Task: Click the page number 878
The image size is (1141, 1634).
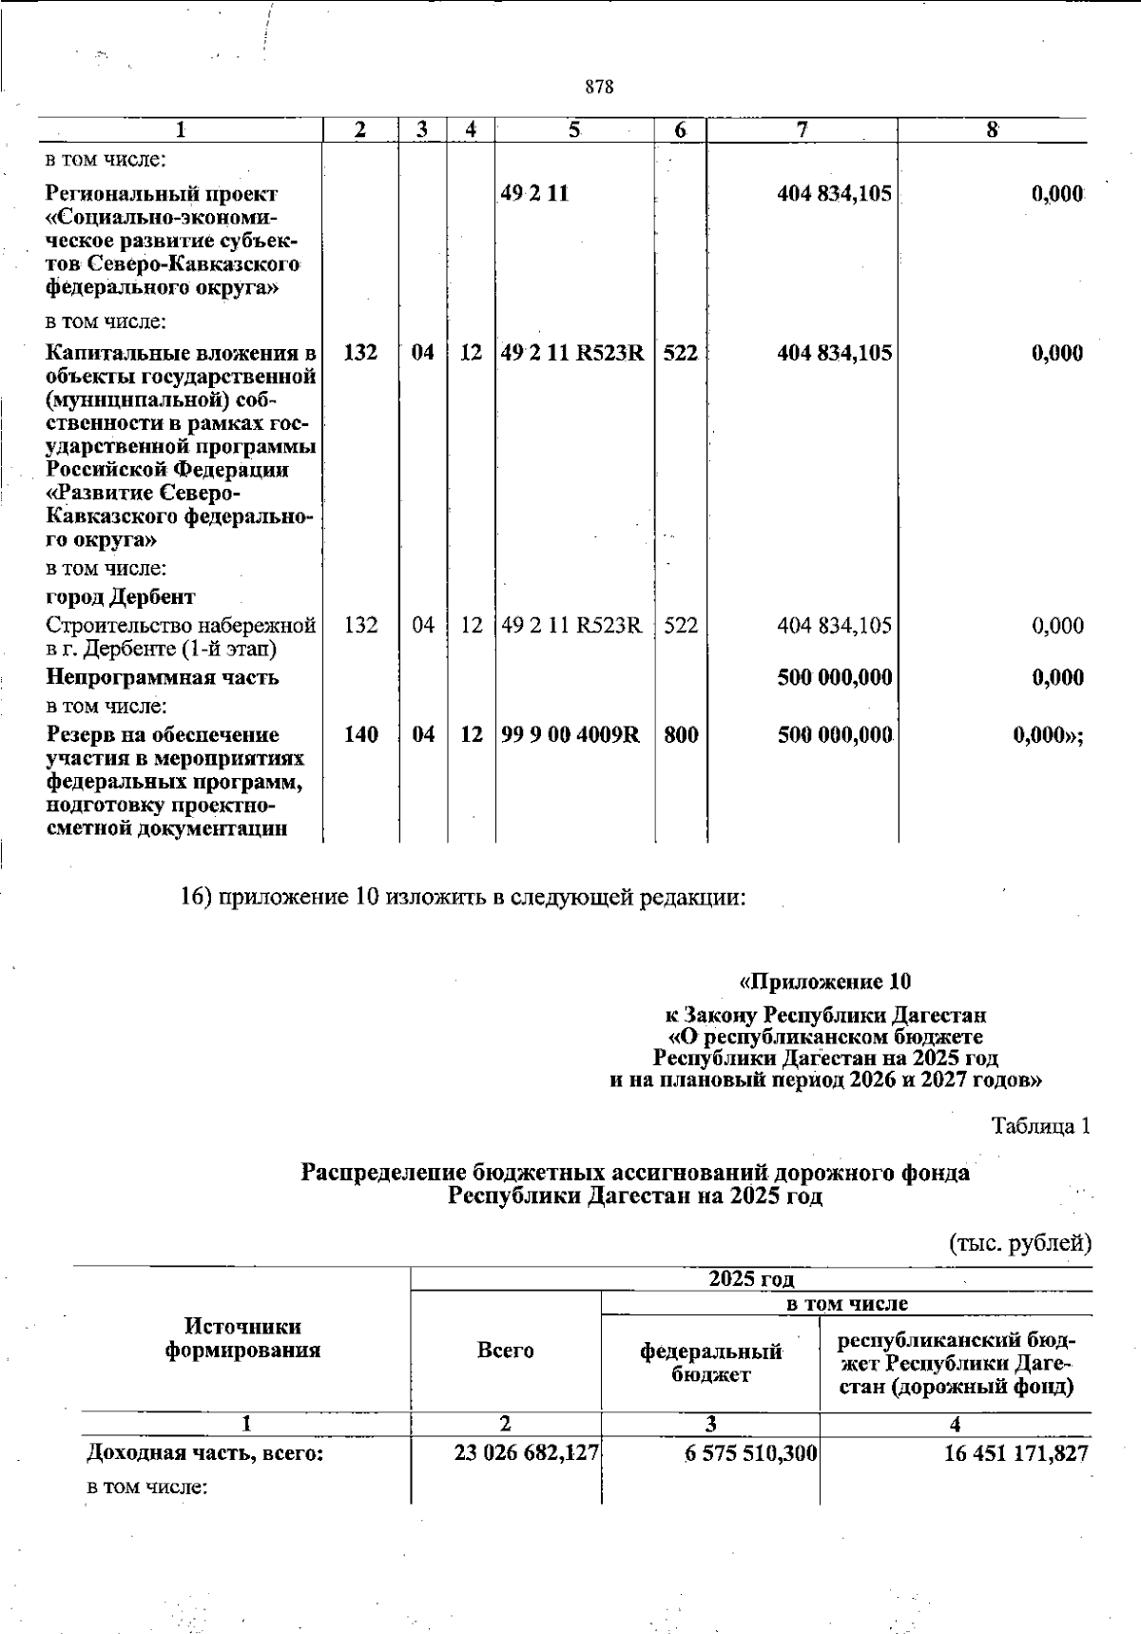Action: click(599, 88)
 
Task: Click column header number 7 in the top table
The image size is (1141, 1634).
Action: click(803, 130)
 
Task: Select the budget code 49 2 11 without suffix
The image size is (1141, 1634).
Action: click(535, 194)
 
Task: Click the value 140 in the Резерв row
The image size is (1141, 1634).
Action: click(360, 734)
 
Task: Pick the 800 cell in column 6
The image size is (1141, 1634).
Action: click(680, 734)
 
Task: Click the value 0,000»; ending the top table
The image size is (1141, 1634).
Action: click(1049, 734)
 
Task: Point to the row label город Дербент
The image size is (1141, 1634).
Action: click(121, 597)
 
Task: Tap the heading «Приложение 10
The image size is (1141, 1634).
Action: click(825, 981)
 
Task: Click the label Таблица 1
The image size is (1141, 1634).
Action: click(1040, 1126)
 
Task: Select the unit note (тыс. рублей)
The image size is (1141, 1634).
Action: click(1020, 1242)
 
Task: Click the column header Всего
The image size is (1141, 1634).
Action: click(505, 1350)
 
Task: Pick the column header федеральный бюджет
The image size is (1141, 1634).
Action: click(710, 1362)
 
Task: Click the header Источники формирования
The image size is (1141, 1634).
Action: click(243, 1338)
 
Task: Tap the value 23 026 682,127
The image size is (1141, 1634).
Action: click(527, 1453)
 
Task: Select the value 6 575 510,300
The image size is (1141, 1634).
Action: click(751, 1453)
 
